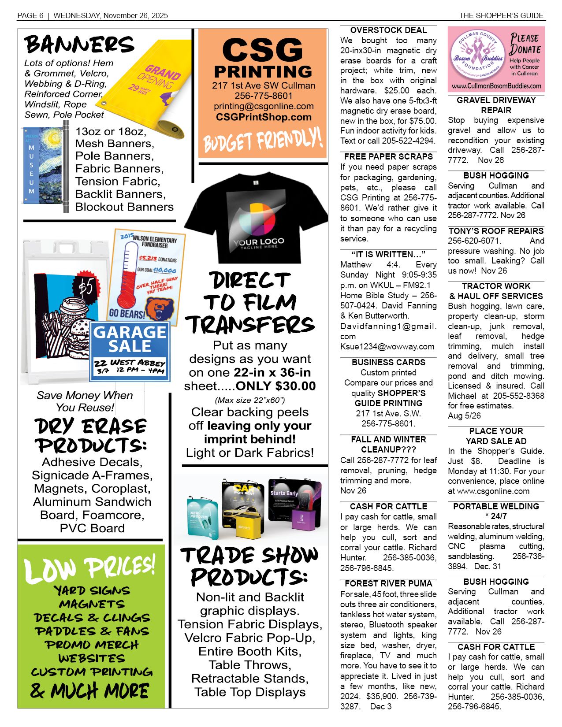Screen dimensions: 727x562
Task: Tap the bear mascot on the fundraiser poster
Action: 161,308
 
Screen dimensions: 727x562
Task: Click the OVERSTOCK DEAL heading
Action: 388,30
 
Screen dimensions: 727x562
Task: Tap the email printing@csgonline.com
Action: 264,106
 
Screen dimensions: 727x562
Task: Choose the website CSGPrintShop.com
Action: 264,117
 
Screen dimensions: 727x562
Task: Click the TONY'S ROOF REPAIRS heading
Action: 496,231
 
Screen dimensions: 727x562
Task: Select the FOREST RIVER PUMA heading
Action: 388,583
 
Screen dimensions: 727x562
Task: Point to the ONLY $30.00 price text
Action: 276,386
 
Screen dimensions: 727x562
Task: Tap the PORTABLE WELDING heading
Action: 496,506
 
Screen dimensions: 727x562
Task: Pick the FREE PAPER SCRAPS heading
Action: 388,156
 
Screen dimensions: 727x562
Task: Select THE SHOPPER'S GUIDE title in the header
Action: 501,15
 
